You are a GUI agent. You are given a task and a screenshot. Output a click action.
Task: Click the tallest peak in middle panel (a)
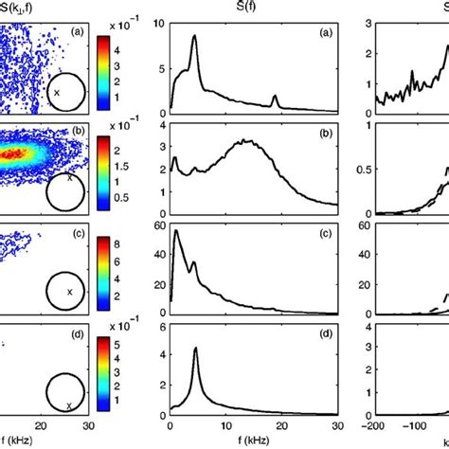(x=194, y=37)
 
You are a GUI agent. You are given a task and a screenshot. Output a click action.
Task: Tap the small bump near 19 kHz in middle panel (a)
(x=275, y=97)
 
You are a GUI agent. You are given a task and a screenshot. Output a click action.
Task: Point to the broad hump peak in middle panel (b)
(x=244, y=141)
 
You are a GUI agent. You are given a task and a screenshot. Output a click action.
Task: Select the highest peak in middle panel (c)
(x=176, y=231)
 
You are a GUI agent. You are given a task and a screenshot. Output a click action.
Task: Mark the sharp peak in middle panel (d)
(x=195, y=349)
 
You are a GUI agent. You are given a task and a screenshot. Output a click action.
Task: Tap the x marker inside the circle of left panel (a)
(x=56, y=93)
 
